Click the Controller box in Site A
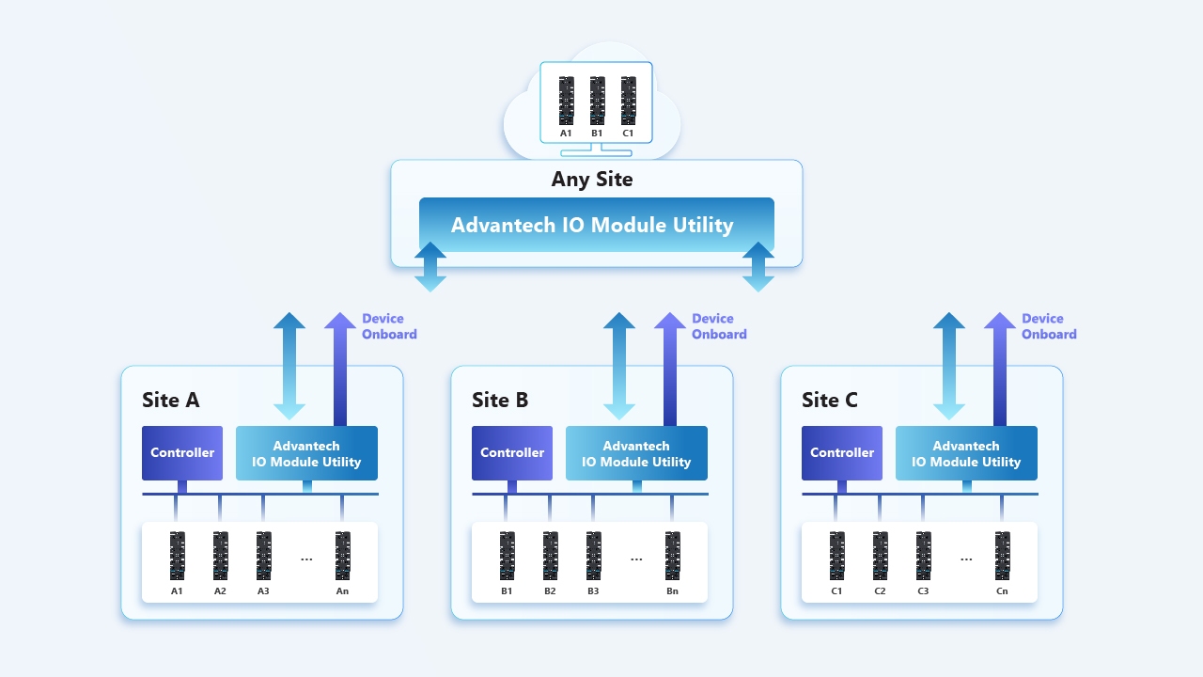[x=182, y=453]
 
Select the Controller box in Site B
[x=512, y=453]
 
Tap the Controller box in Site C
[x=842, y=453]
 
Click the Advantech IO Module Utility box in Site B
[x=636, y=453]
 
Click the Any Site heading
[x=592, y=179]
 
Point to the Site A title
[x=171, y=400]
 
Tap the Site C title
[x=830, y=400]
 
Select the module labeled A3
[x=263, y=556]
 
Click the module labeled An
[x=342, y=556]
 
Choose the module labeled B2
[x=550, y=556]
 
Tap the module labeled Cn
[x=1002, y=556]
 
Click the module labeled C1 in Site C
[x=836, y=556]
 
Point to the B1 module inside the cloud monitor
[x=597, y=101]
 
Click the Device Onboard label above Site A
[x=389, y=326]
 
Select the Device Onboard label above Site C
[x=1049, y=326]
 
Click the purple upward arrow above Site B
[x=669, y=369]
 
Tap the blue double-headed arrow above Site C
[x=948, y=366]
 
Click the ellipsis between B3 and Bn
[x=636, y=559]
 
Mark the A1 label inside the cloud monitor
[x=566, y=134]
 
